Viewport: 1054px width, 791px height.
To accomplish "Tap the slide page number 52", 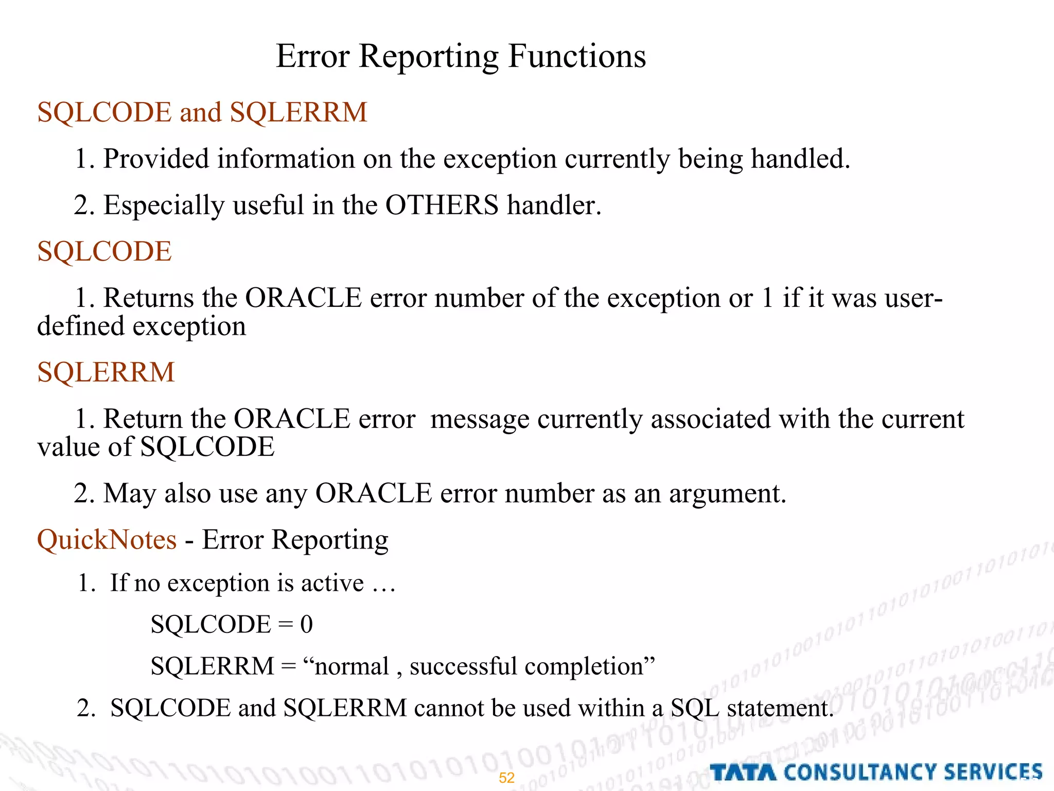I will [506, 778].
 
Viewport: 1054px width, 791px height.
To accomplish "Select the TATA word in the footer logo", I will [743, 772].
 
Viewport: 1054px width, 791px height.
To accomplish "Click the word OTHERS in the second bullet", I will [442, 205].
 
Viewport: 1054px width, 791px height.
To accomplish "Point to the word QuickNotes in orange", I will [107, 540].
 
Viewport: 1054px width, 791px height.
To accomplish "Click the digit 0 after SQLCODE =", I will [306, 624].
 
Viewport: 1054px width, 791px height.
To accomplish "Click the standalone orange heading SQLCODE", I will [104, 251].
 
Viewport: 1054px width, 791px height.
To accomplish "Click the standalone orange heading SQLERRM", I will [106, 372].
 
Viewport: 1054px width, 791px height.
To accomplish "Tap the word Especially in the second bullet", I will [164, 205].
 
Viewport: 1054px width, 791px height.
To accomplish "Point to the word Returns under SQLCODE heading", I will [148, 298].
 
